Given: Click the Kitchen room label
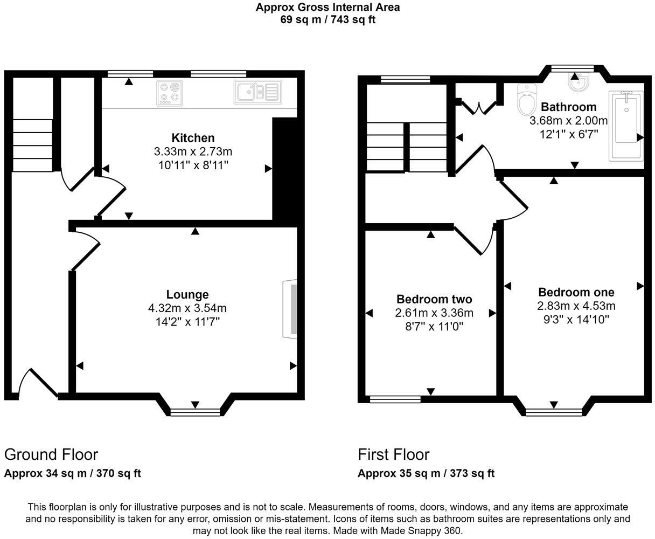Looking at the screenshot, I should pyautogui.click(x=193, y=138).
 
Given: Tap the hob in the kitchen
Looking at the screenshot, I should pyautogui.click(x=170, y=93).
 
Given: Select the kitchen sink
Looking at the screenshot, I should pyautogui.click(x=257, y=92).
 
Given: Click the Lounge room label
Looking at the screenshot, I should pyautogui.click(x=187, y=295).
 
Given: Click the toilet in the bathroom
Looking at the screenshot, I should pyautogui.click(x=525, y=99).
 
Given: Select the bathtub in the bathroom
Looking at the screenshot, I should pyautogui.click(x=626, y=126).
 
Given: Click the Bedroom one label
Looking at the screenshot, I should pyautogui.click(x=576, y=292).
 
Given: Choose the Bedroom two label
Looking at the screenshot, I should pyautogui.click(x=434, y=299).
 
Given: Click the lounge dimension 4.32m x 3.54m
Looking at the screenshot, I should pyautogui.click(x=187, y=308).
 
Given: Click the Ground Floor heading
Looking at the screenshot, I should pyautogui.click(x=51, y=454).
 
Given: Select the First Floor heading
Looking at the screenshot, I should pyautogui.click(x=394, y=454).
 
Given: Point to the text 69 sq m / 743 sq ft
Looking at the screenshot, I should pyautogui.click(x=327, y=20).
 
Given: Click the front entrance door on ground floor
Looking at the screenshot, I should pyautogui.click(x=38, y=384).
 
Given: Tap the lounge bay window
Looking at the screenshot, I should pyautogui.click(x=195, y=412).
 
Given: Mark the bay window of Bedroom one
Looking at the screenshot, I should pyautogui.click(x=554, y=412).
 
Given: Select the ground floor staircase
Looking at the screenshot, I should pyautogui.click(x=32, y=145).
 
